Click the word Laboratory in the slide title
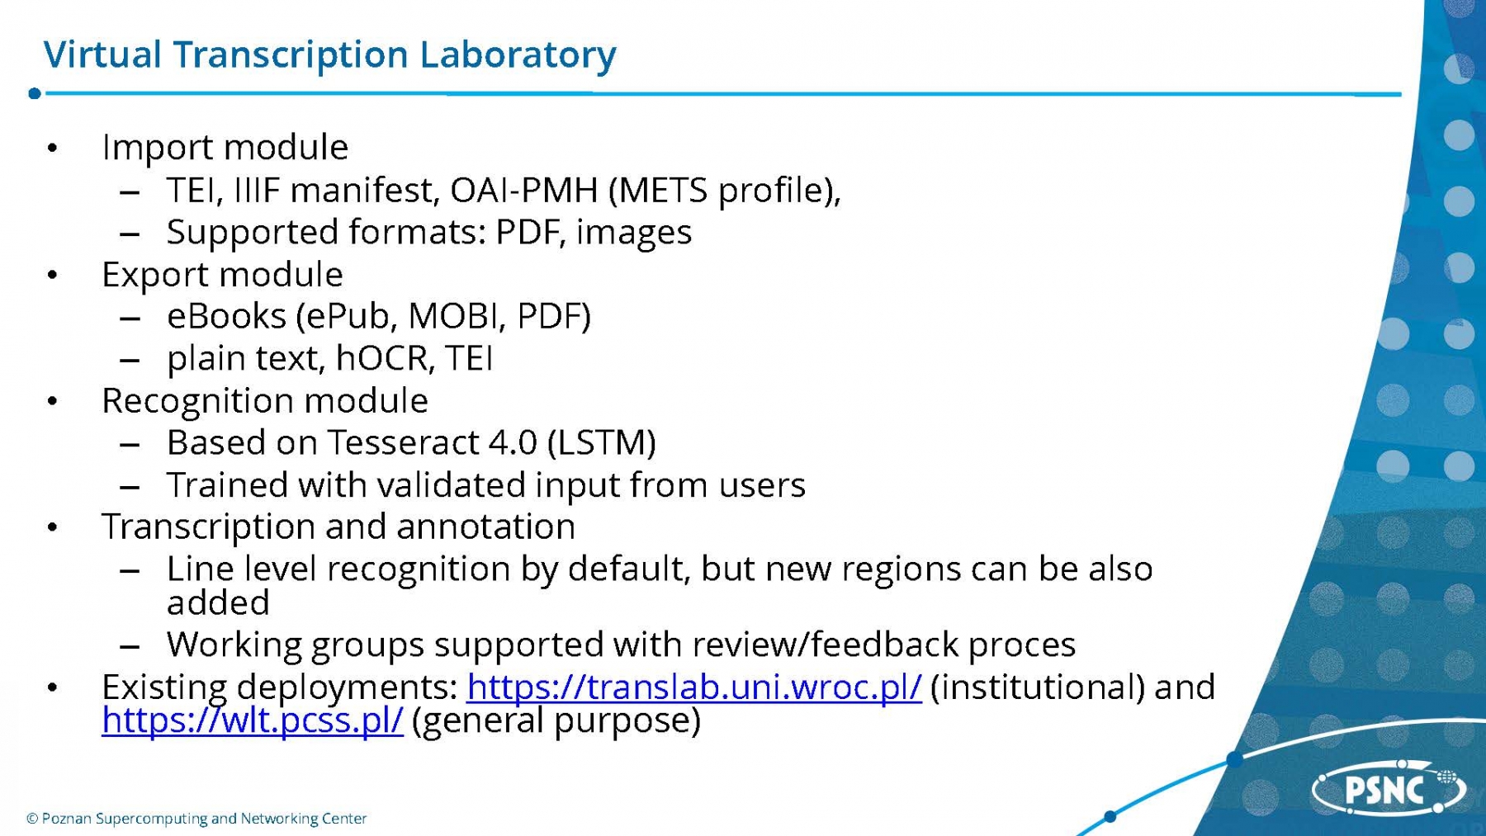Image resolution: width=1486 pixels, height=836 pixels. (518, 55)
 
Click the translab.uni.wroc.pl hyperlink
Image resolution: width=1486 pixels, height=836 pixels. (693, 687)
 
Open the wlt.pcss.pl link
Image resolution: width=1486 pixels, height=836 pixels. (253, 720)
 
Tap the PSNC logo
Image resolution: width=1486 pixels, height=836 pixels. (1389, 789)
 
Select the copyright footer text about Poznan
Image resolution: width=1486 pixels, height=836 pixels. (196, 819)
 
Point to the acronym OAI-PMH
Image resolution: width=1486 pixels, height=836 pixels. (523, 191)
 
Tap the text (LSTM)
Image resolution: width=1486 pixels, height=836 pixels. (602, 443)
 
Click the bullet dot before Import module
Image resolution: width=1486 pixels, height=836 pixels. (53, 149)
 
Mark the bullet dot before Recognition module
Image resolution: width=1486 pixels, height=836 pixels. (53, 402)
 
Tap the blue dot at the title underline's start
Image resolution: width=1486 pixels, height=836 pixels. (35, 93)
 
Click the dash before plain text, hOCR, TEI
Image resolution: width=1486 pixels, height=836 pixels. (129, 361)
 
